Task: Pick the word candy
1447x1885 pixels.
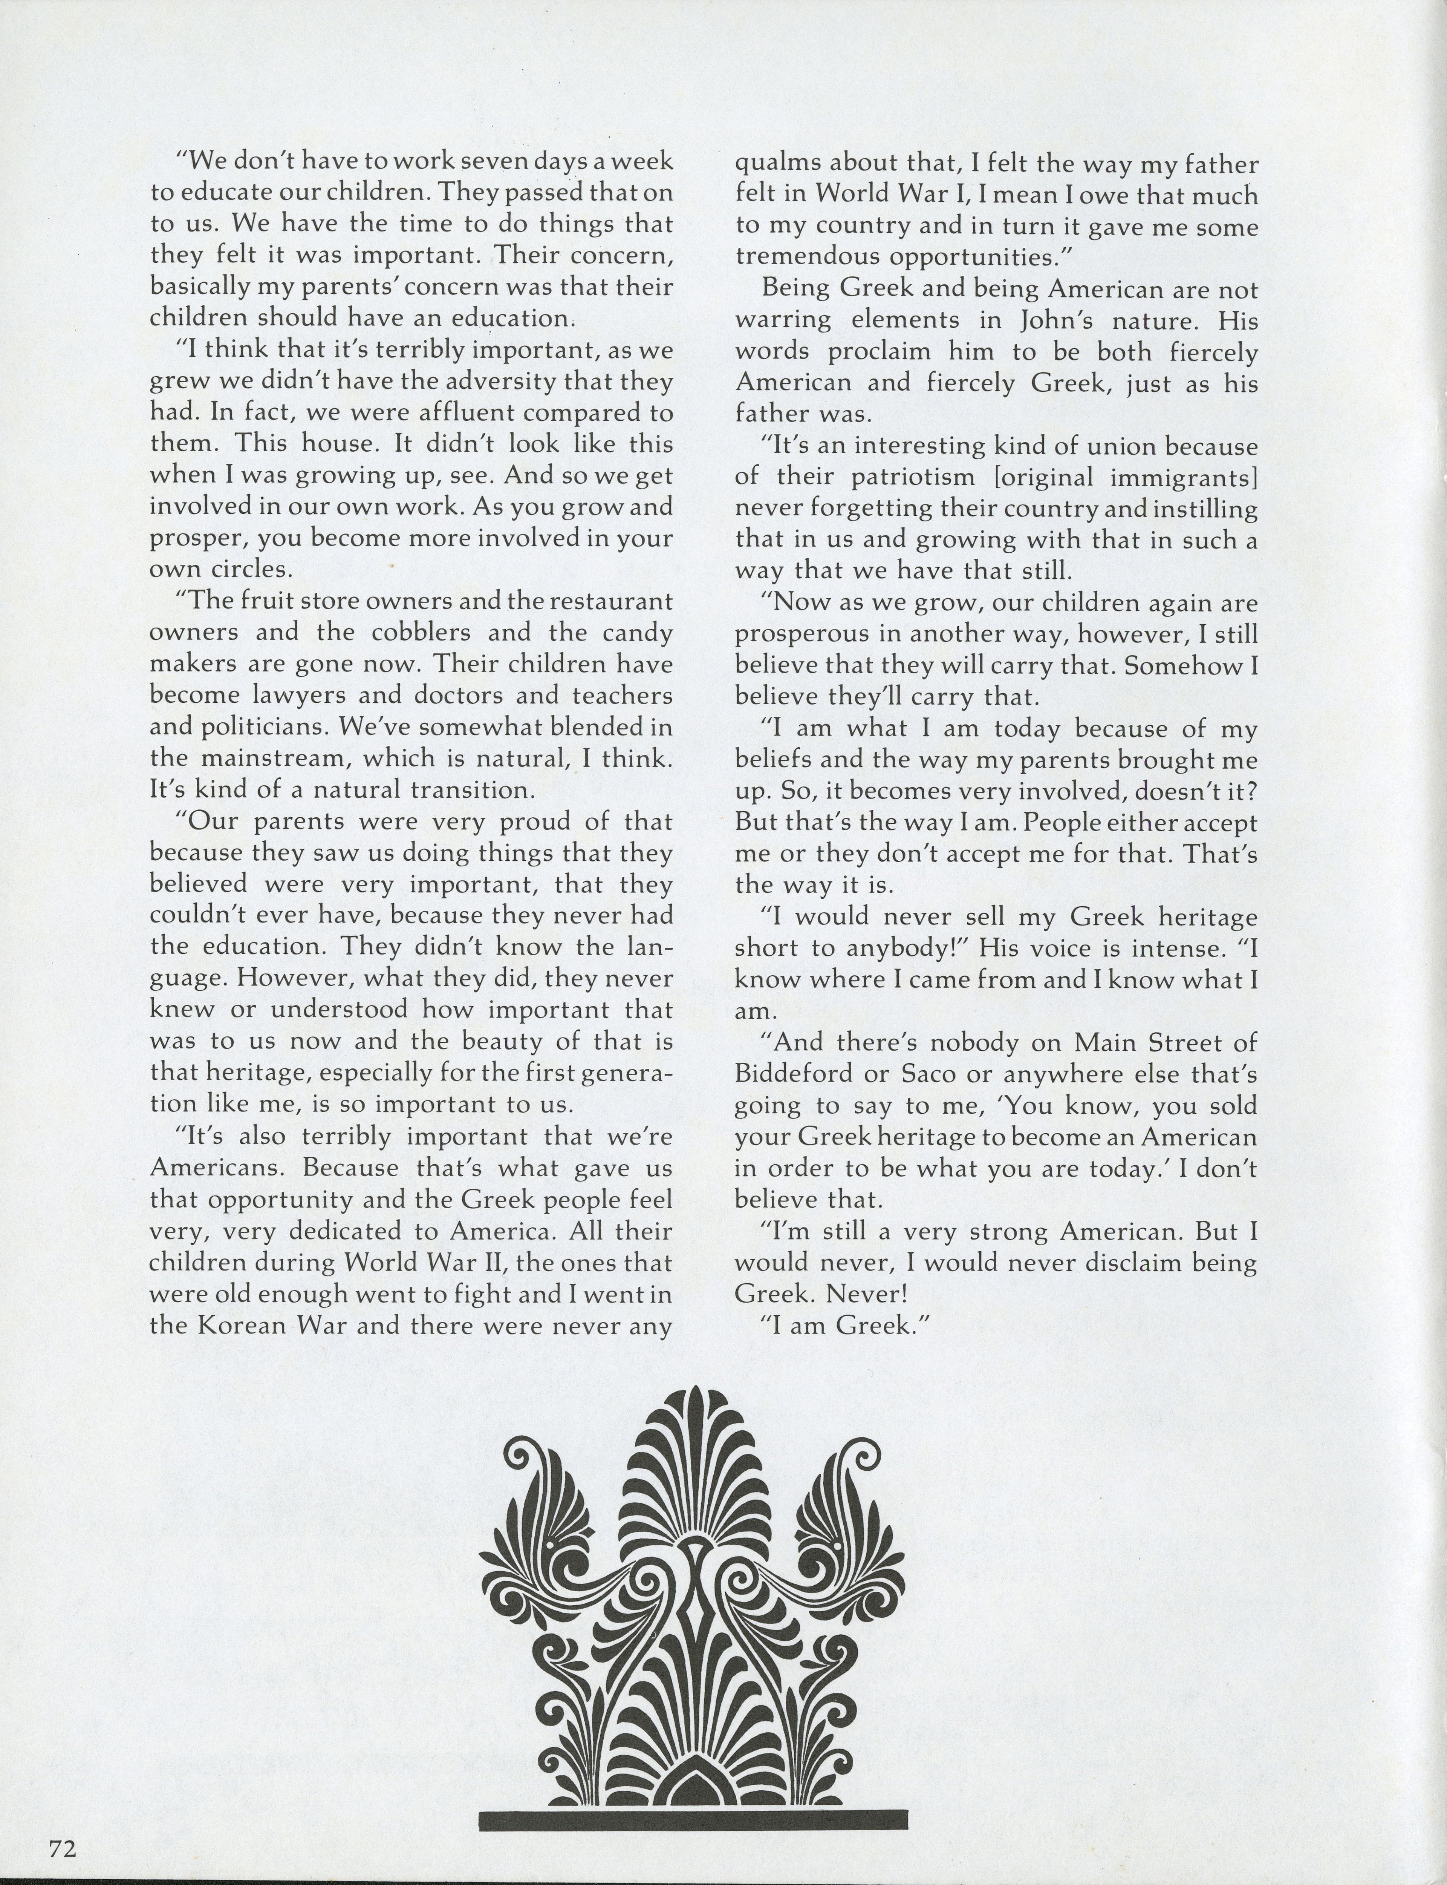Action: click(629, 632)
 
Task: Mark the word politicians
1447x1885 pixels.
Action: click(240, 727)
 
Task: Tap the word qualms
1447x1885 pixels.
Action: click(772, 164)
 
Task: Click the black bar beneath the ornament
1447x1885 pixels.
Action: click(693, 1819)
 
